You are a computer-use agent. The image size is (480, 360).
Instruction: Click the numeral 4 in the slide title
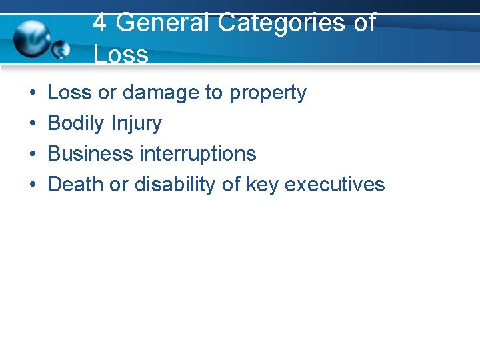(99, 23)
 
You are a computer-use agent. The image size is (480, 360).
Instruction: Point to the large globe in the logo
(33, 38)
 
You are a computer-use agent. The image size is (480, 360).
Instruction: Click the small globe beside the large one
(61, 49)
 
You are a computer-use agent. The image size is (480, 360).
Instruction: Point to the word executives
(335, 185)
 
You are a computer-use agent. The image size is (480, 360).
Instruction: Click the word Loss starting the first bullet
(70, 93)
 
